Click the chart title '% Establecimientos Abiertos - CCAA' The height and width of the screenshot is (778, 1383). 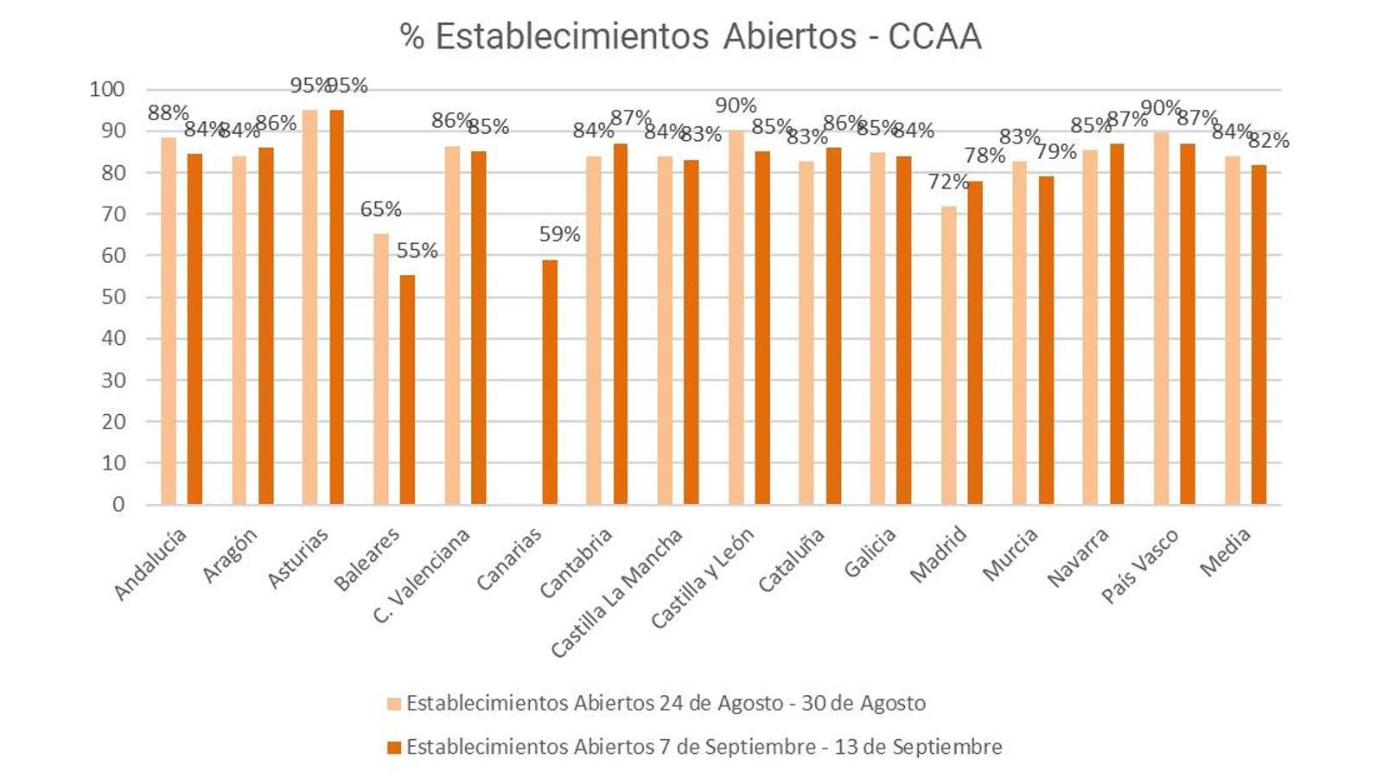coord(690,36)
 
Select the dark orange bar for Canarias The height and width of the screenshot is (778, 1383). coord(549,382)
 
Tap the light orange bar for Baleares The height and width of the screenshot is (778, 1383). coord(380,369)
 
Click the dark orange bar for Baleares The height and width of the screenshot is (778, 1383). coord(407,389)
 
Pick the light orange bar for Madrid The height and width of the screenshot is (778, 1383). coord(948,354)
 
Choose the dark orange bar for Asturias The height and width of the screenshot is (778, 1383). coord(336,307)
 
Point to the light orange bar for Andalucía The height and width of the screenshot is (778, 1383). coord(168,321)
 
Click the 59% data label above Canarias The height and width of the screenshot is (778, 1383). coord(559,234)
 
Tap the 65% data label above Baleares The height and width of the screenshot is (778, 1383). coord(380,209)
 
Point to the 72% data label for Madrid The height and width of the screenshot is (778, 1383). coord(948,182)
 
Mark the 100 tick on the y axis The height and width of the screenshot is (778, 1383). coord(107,89)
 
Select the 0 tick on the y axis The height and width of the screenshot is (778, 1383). coord(118,505)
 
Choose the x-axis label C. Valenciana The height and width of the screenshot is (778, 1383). coord(423,575)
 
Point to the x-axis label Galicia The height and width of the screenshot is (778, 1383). coord(870,553)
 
